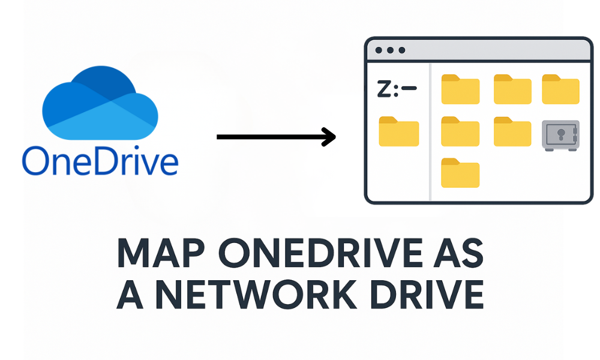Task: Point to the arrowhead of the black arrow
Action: (328, 137)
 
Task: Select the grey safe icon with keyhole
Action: (560, 135)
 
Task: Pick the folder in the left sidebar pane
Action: (399, 131)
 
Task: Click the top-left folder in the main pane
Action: (460, 89)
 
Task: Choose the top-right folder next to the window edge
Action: (560, 89)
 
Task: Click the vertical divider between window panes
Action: (430, 131)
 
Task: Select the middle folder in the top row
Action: (512, 89)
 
